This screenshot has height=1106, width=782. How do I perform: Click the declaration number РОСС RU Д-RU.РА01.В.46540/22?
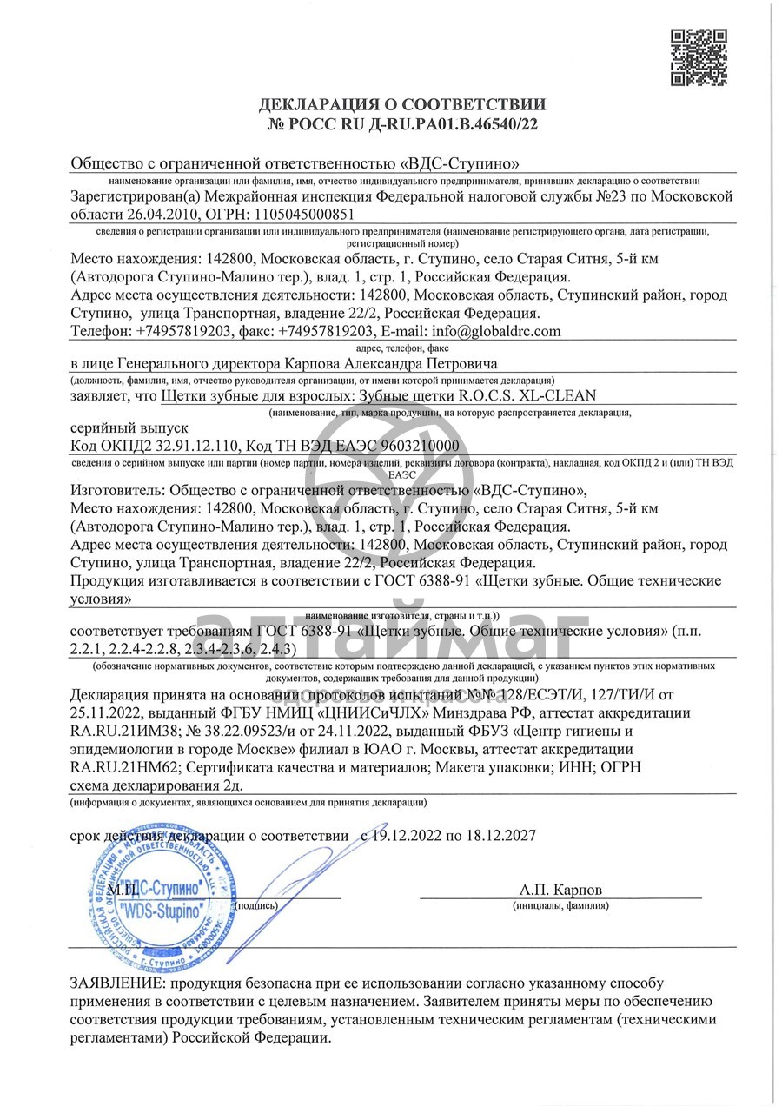403,123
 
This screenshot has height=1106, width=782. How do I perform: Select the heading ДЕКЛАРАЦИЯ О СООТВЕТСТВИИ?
403,105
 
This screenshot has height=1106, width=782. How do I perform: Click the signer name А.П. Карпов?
560,891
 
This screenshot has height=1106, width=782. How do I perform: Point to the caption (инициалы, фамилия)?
560,905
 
